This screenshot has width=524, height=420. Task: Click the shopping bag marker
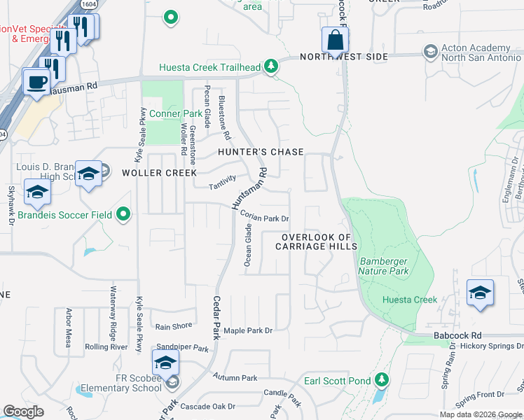click(335, 41)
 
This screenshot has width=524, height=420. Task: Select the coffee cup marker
click(36, 81)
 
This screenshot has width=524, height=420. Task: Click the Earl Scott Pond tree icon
click(381, 380)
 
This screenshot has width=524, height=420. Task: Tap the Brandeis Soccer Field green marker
click(124, 214)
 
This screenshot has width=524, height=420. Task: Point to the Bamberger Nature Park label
click(383, 266)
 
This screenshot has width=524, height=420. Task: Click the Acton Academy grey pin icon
click(430, 52)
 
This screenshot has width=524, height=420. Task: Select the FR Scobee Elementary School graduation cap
click(165, 363)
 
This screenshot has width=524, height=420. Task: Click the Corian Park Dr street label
click(265, 217)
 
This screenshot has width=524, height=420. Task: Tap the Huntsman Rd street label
click(249, 187)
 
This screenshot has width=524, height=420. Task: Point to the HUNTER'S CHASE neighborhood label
click(261, 152)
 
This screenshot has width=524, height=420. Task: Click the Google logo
click(23, 411)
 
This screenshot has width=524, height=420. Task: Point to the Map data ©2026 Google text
click(480, 414)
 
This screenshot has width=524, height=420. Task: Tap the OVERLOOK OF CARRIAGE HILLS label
click(317, 242)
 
